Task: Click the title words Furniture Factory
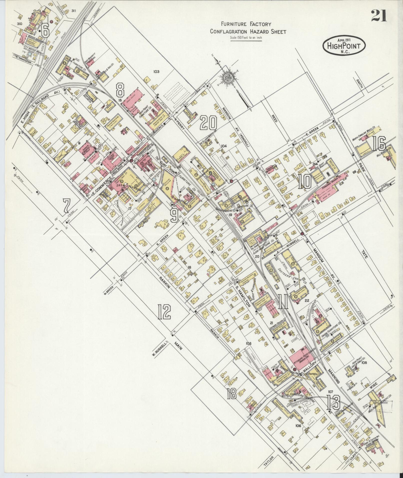click(x=246, y=24)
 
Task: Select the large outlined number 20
click(x=208, y=123)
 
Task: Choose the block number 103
click(x=156, y=72)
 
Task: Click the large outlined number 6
click(x=46, y=30)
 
